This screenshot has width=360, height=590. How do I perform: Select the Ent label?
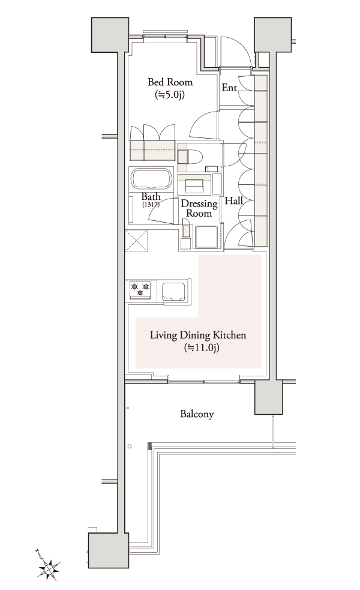pyautogui.click(x=229, y=88)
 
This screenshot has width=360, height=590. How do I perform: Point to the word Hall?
pyautogui.click(x=233, y=201)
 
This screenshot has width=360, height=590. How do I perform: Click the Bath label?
pyautogui.click(x=151, y=197)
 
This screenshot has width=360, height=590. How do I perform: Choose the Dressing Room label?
pyautogui.click(x=199, y=208)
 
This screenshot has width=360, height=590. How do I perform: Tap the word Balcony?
pyautogui.click(x=197, y=414)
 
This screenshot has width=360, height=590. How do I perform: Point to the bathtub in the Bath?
pyautogui.click(x=151, y=179)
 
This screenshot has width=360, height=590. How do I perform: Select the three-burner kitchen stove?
pyautogui.click(x=140, y=291)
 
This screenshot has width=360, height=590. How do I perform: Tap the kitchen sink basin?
pyautogui.click(x=174, y=291)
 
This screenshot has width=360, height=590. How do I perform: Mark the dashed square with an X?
pyautogui.click(x=136, y=241)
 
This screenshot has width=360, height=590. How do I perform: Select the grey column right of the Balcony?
pyautogui.click(x=268, y=397)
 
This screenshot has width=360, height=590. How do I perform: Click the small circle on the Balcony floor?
pyautogui.click(x=129, y=447)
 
